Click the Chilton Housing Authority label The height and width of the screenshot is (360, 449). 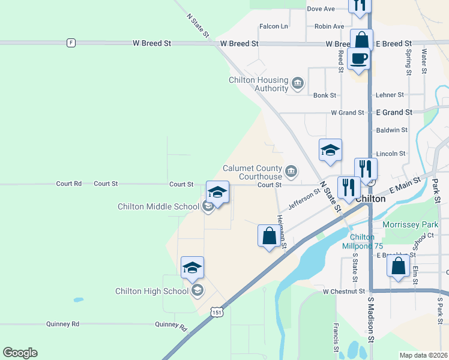[259, 84]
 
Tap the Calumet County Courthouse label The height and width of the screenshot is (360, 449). [252, 172]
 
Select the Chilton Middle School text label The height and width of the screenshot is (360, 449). [158, 207]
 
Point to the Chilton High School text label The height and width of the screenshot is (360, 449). [152, 292]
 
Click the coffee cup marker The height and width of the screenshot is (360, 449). [358, 59]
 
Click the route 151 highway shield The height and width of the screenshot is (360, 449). [217, 311]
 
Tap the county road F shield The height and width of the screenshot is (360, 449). [71, 43]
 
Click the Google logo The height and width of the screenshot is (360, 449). [20, 353]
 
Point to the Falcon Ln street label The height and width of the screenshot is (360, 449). [274, 26]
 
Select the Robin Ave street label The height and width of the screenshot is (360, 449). [330, 26]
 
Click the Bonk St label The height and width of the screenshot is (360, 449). [325, 95]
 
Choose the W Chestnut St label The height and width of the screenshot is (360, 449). [343, 292]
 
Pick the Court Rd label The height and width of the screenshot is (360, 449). [68, 184]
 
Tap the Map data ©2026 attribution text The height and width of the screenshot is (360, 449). [423, 355]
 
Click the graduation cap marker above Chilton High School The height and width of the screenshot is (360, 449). [192, 268]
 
